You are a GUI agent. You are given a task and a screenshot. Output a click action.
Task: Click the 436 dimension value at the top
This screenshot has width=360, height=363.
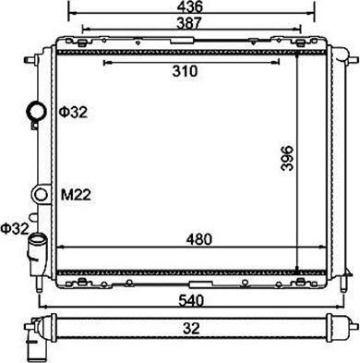coord(191,6)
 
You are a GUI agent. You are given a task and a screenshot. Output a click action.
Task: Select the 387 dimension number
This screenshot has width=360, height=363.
coord(189,23)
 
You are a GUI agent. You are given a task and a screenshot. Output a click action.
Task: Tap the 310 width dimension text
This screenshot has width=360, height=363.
coord(185,71)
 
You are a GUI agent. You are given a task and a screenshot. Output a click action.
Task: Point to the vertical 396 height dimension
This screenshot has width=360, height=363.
coord(287,158)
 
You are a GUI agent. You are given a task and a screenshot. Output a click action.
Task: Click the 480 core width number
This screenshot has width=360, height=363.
coord(199,239)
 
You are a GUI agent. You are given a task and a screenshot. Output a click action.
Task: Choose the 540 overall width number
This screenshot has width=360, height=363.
coord(191,300)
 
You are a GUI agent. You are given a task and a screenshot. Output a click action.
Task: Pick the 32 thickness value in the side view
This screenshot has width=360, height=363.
coord(191,328)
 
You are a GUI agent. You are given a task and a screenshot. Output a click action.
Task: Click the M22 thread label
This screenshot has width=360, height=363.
coord(76,195)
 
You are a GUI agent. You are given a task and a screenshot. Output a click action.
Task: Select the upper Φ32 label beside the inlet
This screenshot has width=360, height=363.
coord(73,113)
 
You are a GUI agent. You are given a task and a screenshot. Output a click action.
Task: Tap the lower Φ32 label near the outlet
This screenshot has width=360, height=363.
coord(15,228)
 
